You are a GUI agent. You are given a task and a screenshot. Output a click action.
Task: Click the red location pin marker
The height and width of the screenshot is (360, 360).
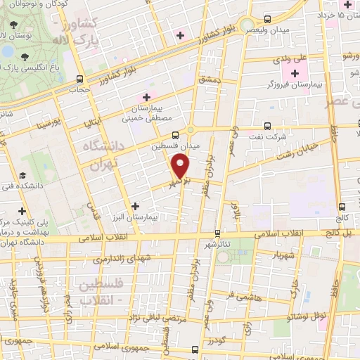click(181, 167)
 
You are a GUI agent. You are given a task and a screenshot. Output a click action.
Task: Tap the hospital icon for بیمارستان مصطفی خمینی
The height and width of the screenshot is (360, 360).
click(146, 97)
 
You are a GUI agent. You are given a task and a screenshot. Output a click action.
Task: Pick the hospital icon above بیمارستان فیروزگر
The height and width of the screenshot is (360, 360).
click(294, 72)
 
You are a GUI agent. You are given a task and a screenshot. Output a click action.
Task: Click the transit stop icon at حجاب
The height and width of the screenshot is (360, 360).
click(79, 79)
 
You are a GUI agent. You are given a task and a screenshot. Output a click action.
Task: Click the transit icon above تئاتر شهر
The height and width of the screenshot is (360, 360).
click(217, 233)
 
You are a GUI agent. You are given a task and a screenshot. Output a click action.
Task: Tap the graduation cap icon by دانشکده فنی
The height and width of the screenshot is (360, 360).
click(22, 175)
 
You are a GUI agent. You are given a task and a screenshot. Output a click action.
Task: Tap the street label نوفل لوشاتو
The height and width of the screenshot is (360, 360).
click(300, 316)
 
